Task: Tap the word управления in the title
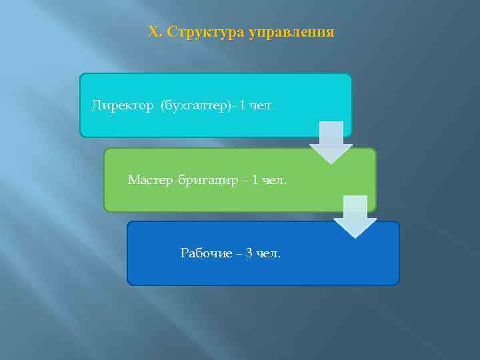[x=291, y=32]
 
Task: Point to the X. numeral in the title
[x=155, y=32]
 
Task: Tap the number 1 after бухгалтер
[x=243, y=105]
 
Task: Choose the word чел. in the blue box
[x=268, y=253]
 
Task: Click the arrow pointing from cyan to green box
[x=331, y=142]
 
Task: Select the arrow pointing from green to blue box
[x=355, y=216]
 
